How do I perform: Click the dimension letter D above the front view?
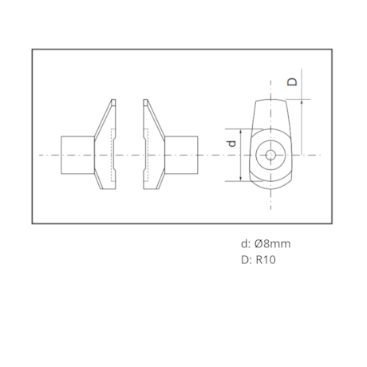click(292, 81)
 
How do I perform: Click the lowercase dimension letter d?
click(231, 144)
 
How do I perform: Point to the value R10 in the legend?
click(264, 259)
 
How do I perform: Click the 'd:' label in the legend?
click(246, 243)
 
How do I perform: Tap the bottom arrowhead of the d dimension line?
click(240, 180)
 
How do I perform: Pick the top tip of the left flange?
click(112, 100)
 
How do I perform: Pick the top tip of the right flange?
click(146, 100)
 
